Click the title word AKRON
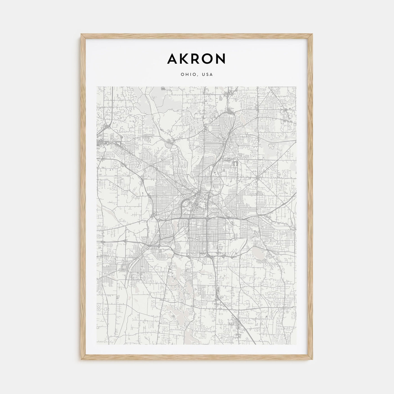click(x=196, y=59)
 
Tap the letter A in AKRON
click(x=172, y=59)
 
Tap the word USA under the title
click(x=208, y=75)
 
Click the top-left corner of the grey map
click(x=97, y=87)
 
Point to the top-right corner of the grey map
click(x=296, y=87)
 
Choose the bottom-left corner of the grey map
click(x=97, y=344)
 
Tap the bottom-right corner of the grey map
click(x=296, y=344)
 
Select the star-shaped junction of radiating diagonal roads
click(x=257, y=178)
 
